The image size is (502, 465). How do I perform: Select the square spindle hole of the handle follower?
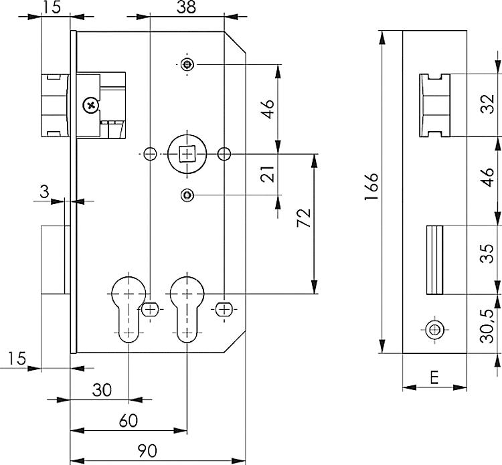187,153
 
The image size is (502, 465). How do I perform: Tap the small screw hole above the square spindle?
188,64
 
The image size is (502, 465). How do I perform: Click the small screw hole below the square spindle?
188,195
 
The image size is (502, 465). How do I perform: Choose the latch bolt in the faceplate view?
434,105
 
